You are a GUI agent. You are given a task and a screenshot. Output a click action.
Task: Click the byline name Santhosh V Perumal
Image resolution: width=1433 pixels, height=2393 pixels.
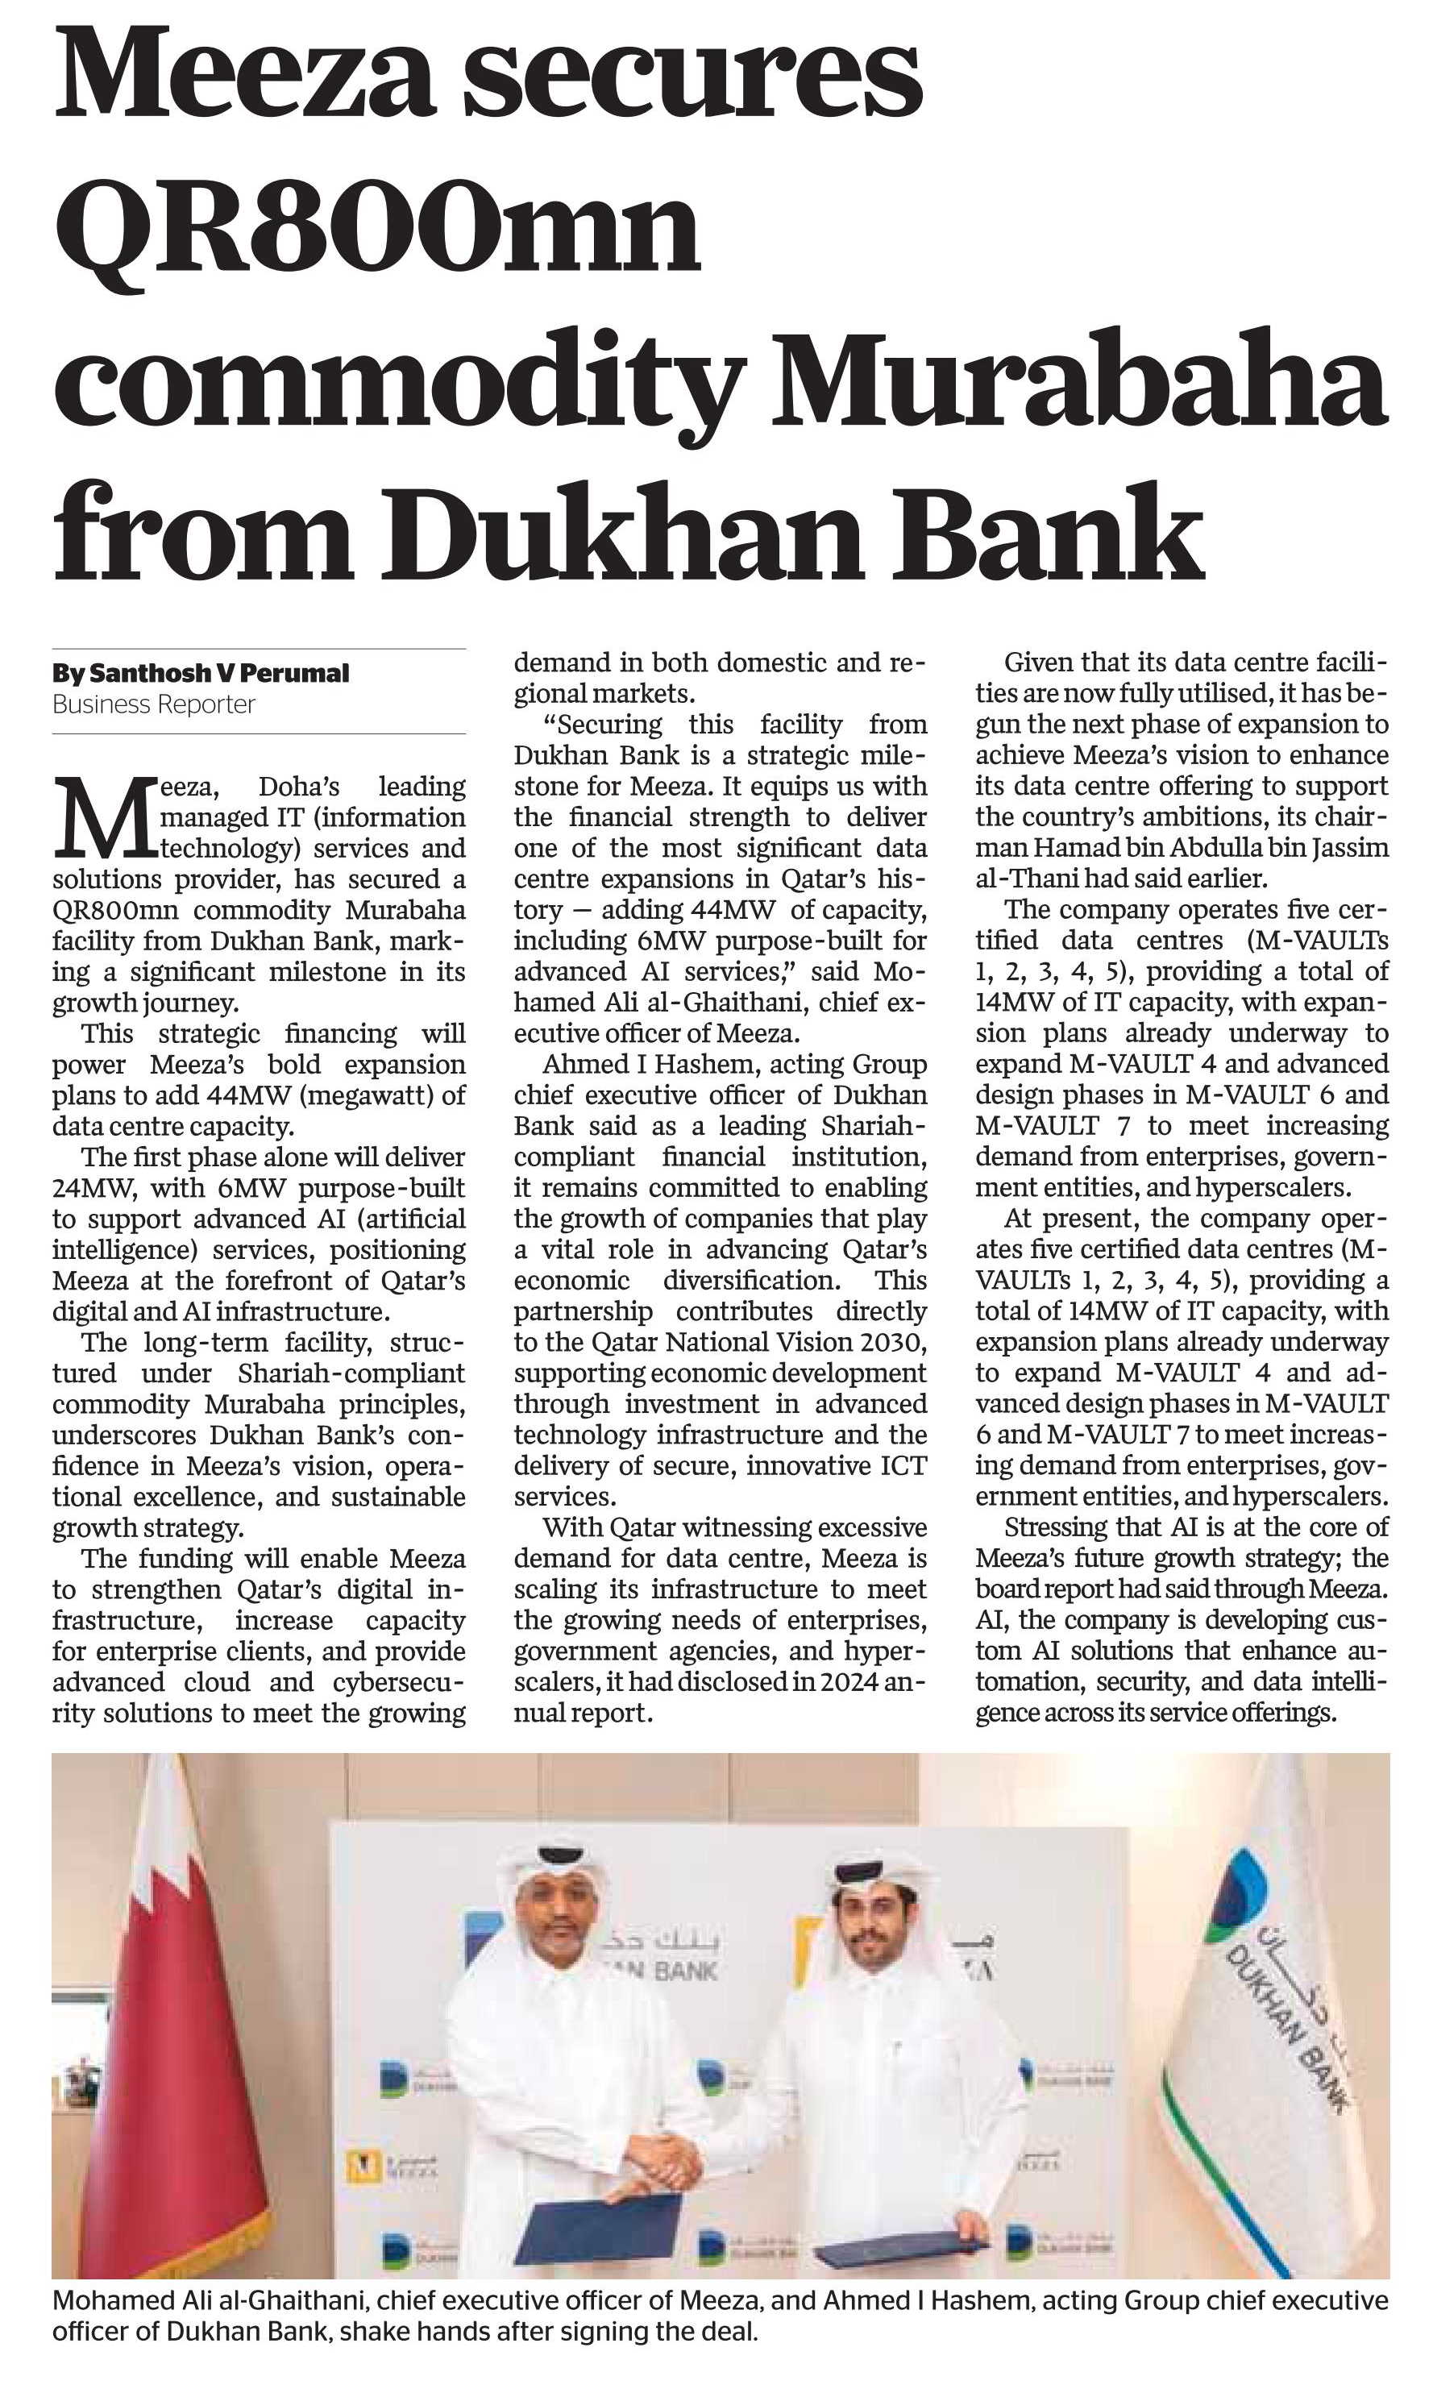pos(218,673)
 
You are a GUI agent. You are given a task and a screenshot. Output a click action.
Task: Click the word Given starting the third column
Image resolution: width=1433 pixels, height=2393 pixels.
pos(1037,663)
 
